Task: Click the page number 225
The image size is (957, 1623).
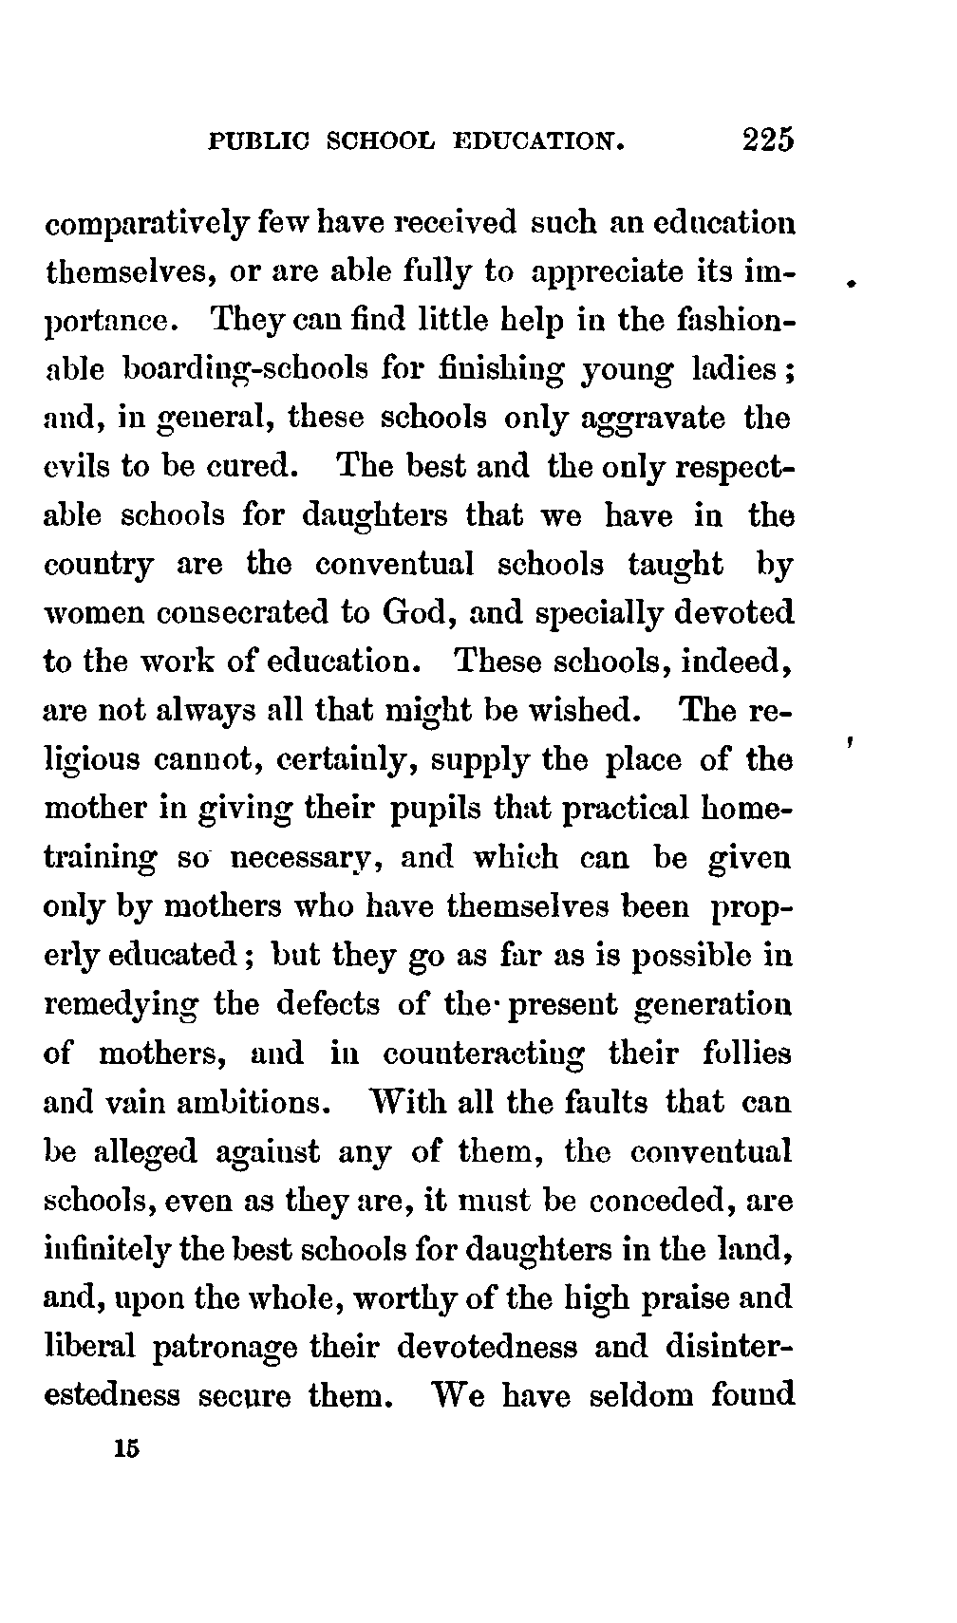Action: coord(768,140)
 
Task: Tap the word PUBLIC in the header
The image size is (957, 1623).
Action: coord(257,142)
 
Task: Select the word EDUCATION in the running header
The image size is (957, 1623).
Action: coord(539,142)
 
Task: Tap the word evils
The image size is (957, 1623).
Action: coord(79,468)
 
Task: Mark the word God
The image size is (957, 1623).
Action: coord(408,613)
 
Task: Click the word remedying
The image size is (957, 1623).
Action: coord(122,1005)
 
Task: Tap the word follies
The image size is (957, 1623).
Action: coord(746,1054)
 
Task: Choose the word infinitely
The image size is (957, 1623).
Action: coord(107,1250)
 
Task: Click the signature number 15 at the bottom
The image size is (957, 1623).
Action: coord(125,1450)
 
